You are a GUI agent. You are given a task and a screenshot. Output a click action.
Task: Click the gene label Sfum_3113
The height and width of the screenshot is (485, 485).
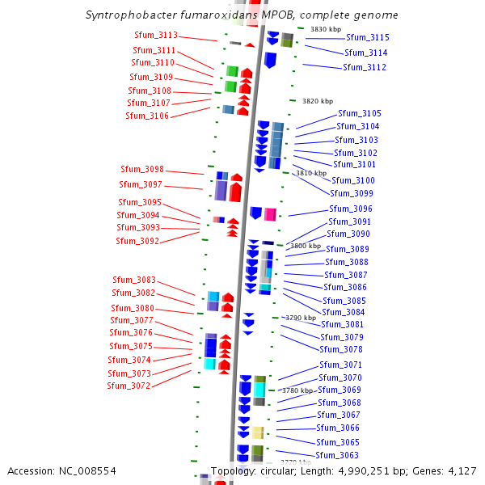pos(156,36)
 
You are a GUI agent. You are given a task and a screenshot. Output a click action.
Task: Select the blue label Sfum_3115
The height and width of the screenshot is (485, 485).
pos(368,38)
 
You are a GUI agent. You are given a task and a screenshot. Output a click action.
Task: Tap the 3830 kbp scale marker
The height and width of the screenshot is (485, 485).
pos(325,30)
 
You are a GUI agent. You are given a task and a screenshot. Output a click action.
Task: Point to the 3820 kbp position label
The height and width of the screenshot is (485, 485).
pos(317,102)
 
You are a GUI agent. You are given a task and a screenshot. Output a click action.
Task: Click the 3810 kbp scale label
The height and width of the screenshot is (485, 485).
pos(310,173)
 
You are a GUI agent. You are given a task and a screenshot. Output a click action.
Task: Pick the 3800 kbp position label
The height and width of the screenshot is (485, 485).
pos(306,246)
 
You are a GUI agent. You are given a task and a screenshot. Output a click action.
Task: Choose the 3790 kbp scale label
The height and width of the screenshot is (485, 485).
pos(300,318)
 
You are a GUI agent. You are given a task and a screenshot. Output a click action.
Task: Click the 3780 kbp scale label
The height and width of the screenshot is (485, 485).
pos(297,390)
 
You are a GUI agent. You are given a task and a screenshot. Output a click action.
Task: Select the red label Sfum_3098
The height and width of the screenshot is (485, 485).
pos(142,170)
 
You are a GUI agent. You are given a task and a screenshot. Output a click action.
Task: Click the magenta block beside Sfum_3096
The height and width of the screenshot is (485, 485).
pos(270,213)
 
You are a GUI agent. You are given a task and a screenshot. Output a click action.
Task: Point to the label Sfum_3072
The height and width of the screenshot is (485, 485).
pos(129,386)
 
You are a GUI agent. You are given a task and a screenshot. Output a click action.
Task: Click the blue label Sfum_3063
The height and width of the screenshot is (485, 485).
pos(337,455)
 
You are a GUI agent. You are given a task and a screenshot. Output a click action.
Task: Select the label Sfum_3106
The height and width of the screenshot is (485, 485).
pos(147,116)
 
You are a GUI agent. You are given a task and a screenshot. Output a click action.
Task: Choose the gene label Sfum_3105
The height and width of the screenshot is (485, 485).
pos(360,114)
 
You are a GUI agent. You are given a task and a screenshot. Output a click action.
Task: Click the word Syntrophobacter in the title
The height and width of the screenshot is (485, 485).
pos(126,15)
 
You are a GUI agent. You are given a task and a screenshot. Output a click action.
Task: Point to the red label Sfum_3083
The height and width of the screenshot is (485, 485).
pos(133,280)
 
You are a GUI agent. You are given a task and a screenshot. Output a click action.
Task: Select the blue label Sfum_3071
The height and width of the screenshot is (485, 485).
pos(340,365)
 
